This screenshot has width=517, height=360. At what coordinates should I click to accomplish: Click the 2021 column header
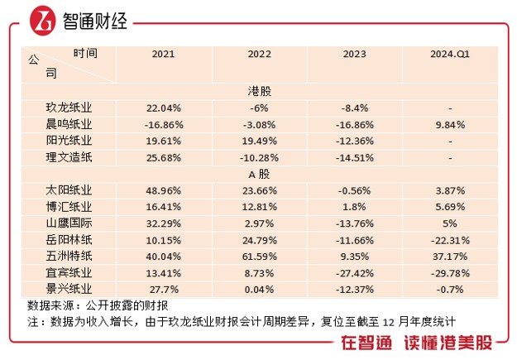click(x=163, y=55)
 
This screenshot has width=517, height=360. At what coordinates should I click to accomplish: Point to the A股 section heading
click(x=260, y=175)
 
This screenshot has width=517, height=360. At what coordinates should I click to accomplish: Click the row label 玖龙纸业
click(x=69, y=108)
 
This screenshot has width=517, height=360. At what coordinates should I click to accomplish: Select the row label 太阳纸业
click(x=69, y=191)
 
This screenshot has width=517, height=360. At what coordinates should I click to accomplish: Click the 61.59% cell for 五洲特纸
click(x=260, y=257)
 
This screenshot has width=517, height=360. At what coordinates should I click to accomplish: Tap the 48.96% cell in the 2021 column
click(x=163, y=191)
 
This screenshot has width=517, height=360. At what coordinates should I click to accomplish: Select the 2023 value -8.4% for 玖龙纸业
click(x=354, y=108)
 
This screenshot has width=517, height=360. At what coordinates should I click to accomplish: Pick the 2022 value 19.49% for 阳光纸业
click(x=260, y=141)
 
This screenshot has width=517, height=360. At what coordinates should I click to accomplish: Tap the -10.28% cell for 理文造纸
click(x=260, y=157)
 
